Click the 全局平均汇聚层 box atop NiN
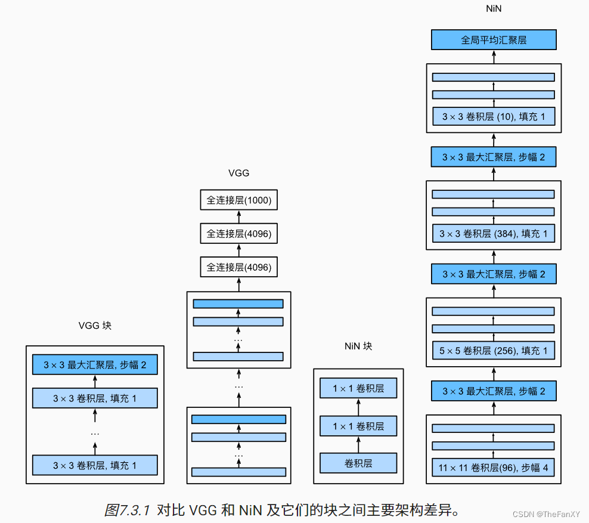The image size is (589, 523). pos(494,40)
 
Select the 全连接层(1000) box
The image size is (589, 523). pos(239,200)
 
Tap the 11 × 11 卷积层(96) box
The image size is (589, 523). pos(494,468)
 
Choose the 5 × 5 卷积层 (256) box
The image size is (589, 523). pos(494,351)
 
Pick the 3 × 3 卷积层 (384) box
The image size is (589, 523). pos(494,234)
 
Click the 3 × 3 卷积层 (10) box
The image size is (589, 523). pos(494,117)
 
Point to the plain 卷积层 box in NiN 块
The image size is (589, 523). pos(358,463)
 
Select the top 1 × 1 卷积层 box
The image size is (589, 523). pos(358,389)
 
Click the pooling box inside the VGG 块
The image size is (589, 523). pos(95,365)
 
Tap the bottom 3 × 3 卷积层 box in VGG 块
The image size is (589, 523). pos(95,465)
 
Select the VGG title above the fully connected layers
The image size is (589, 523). pos(238,174)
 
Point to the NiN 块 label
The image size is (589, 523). pos(358,346)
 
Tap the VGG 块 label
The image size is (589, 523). pos(95,326)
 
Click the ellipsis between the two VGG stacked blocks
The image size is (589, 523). pos(239,386)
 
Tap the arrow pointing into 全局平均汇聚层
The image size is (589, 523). pos(494,56)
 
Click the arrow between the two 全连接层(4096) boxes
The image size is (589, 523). pos(239,251)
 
